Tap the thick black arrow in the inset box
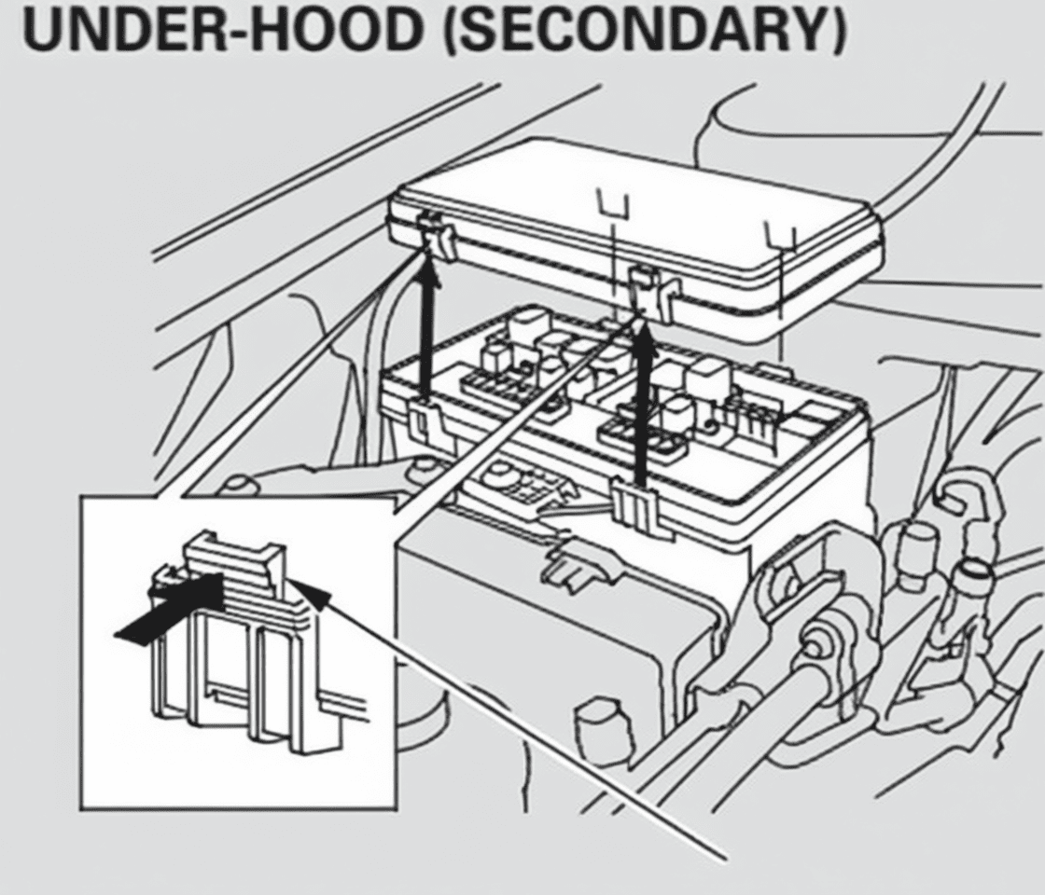click(x=169, y=608)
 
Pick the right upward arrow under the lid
click(x=642, y=403)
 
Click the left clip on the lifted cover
click(x=437, y=237)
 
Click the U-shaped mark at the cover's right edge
click(x=780, y=237)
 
